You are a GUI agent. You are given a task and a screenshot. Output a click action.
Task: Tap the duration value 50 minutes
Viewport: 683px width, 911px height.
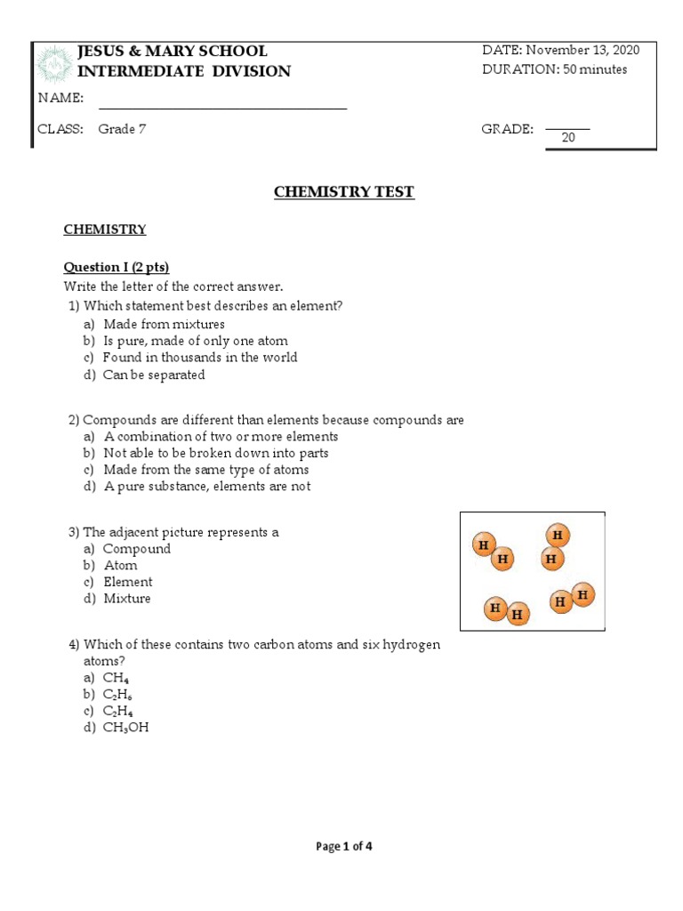tap(595, 69)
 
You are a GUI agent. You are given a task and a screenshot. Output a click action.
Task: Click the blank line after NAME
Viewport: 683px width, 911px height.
tap(222, 108)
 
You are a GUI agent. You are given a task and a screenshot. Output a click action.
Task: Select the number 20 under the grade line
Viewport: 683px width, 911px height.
tap(567, 138)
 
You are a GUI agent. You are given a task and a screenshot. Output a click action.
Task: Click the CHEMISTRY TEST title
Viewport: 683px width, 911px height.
tap(343, 191)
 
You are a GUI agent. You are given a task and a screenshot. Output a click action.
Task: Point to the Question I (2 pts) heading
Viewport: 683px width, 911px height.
tap(116, 267)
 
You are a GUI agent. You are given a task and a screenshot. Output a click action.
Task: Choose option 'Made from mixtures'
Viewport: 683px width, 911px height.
tap(164, 324)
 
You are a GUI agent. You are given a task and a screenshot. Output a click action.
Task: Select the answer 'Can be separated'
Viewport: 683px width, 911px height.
tap(154, 375)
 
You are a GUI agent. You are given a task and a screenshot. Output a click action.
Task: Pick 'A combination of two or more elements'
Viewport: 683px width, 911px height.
tap(221, 436)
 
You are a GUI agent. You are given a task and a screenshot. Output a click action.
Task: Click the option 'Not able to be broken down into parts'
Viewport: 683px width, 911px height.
tap(215, 453)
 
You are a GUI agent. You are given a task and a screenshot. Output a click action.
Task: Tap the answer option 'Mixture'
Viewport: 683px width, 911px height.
tap(127, 599)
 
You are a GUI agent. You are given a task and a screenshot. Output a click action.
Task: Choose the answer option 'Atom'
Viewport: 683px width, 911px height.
tap(120, 565)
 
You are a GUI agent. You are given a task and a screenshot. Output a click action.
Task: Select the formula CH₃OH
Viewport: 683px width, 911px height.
tap(125, 728)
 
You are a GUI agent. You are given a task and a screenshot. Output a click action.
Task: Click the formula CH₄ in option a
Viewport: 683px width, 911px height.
tap(115, 677)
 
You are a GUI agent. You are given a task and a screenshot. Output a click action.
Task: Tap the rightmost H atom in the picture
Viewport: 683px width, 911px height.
tap(583, 593)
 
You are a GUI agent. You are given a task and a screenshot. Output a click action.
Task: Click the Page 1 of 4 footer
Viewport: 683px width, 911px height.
tap(344, 846)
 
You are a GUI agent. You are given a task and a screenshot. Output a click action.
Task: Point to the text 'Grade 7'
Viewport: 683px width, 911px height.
tap(123, 129)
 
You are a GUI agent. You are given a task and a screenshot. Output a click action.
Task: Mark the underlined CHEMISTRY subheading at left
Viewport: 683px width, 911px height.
tap(104, 230)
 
